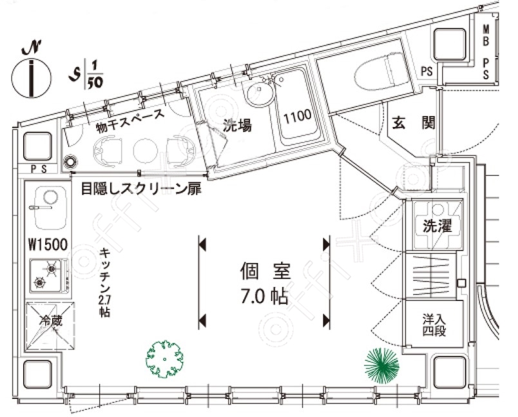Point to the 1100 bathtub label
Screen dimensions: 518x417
click(298, 116)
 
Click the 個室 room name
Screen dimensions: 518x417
click(265, 271)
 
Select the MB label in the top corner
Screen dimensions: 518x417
click(486, 36)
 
